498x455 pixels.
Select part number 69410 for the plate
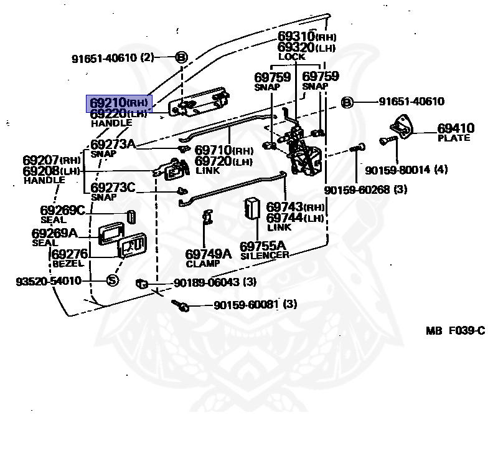(455, 128)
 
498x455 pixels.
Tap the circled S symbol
(112, 280)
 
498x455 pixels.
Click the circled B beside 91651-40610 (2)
(181, 58)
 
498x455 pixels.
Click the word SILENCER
(264, 255)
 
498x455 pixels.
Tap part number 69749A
(208, 254)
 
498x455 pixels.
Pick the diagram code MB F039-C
(455, 331)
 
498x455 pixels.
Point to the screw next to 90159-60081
(182, 305)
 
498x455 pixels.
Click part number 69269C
(62, 211)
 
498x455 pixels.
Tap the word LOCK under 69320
(291, 57)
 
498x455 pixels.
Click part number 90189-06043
(207, 282)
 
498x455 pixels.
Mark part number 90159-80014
(397, 170)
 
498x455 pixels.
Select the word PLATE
(454, 138)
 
